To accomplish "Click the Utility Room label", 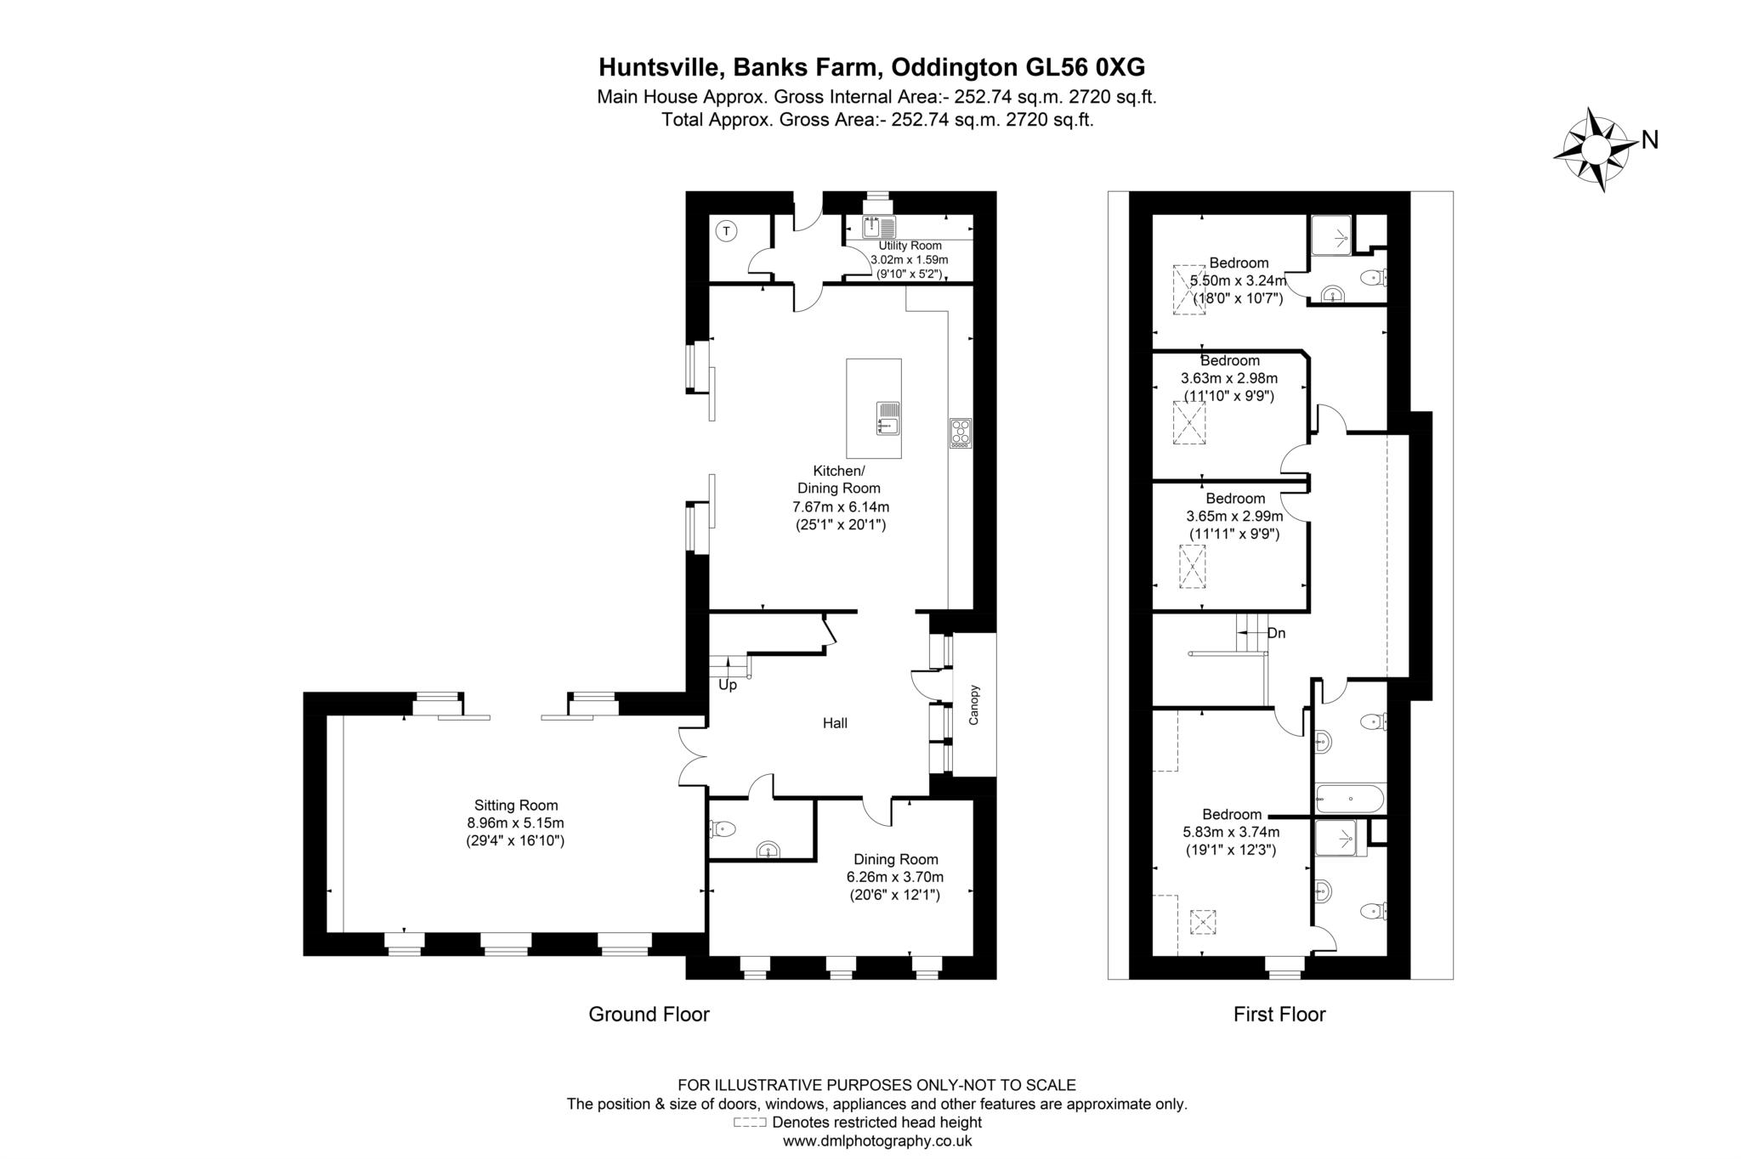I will [x=910, y=246].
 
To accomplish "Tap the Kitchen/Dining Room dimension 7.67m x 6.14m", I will [x=840, y=506].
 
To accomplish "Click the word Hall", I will [x=835, y=723].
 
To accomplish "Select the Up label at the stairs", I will [x=728, y=685].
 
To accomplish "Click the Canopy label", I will [x=974, y=704].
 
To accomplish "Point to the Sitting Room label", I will [x=516, y=806].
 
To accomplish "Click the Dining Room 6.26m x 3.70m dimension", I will [x=895, y=877].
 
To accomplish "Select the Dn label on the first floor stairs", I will [x=1276, y=633].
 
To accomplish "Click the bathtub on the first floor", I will [x=1349, y=799].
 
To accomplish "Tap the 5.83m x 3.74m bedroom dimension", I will [x=1231, y=833].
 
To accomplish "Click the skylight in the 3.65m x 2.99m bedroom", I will [x=1192, y=566].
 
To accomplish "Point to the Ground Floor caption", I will [x=649, y=1014].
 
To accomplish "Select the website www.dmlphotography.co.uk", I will [x=876, y=1141].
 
